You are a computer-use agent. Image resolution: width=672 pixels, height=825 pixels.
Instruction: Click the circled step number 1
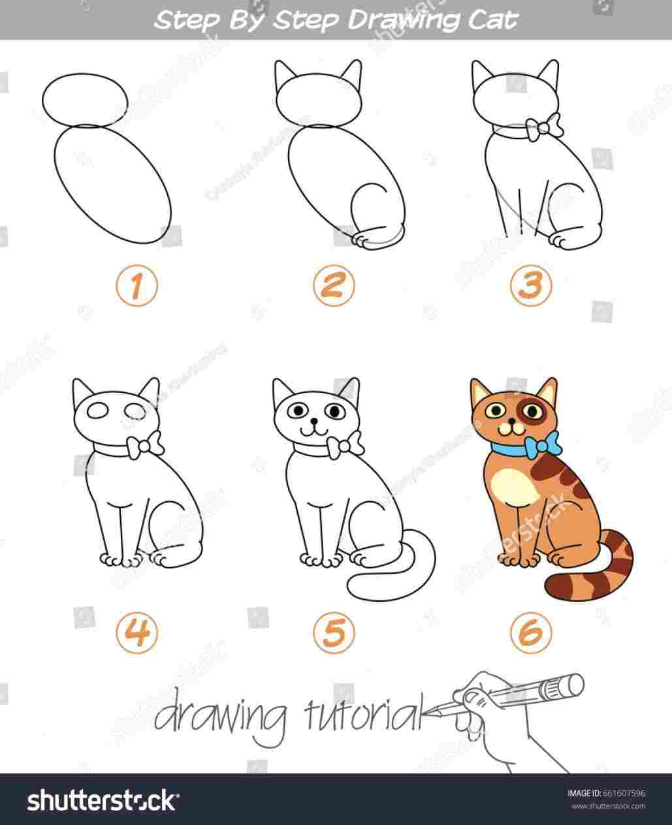137,287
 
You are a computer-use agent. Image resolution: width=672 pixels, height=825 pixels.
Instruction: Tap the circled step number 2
333,287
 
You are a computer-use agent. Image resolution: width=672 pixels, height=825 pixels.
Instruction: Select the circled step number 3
530,287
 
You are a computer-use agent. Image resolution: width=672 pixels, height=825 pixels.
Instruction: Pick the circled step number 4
137,631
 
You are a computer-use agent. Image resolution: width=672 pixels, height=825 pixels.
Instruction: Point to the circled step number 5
333,631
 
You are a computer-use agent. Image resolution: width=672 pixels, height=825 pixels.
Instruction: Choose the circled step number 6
530,631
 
